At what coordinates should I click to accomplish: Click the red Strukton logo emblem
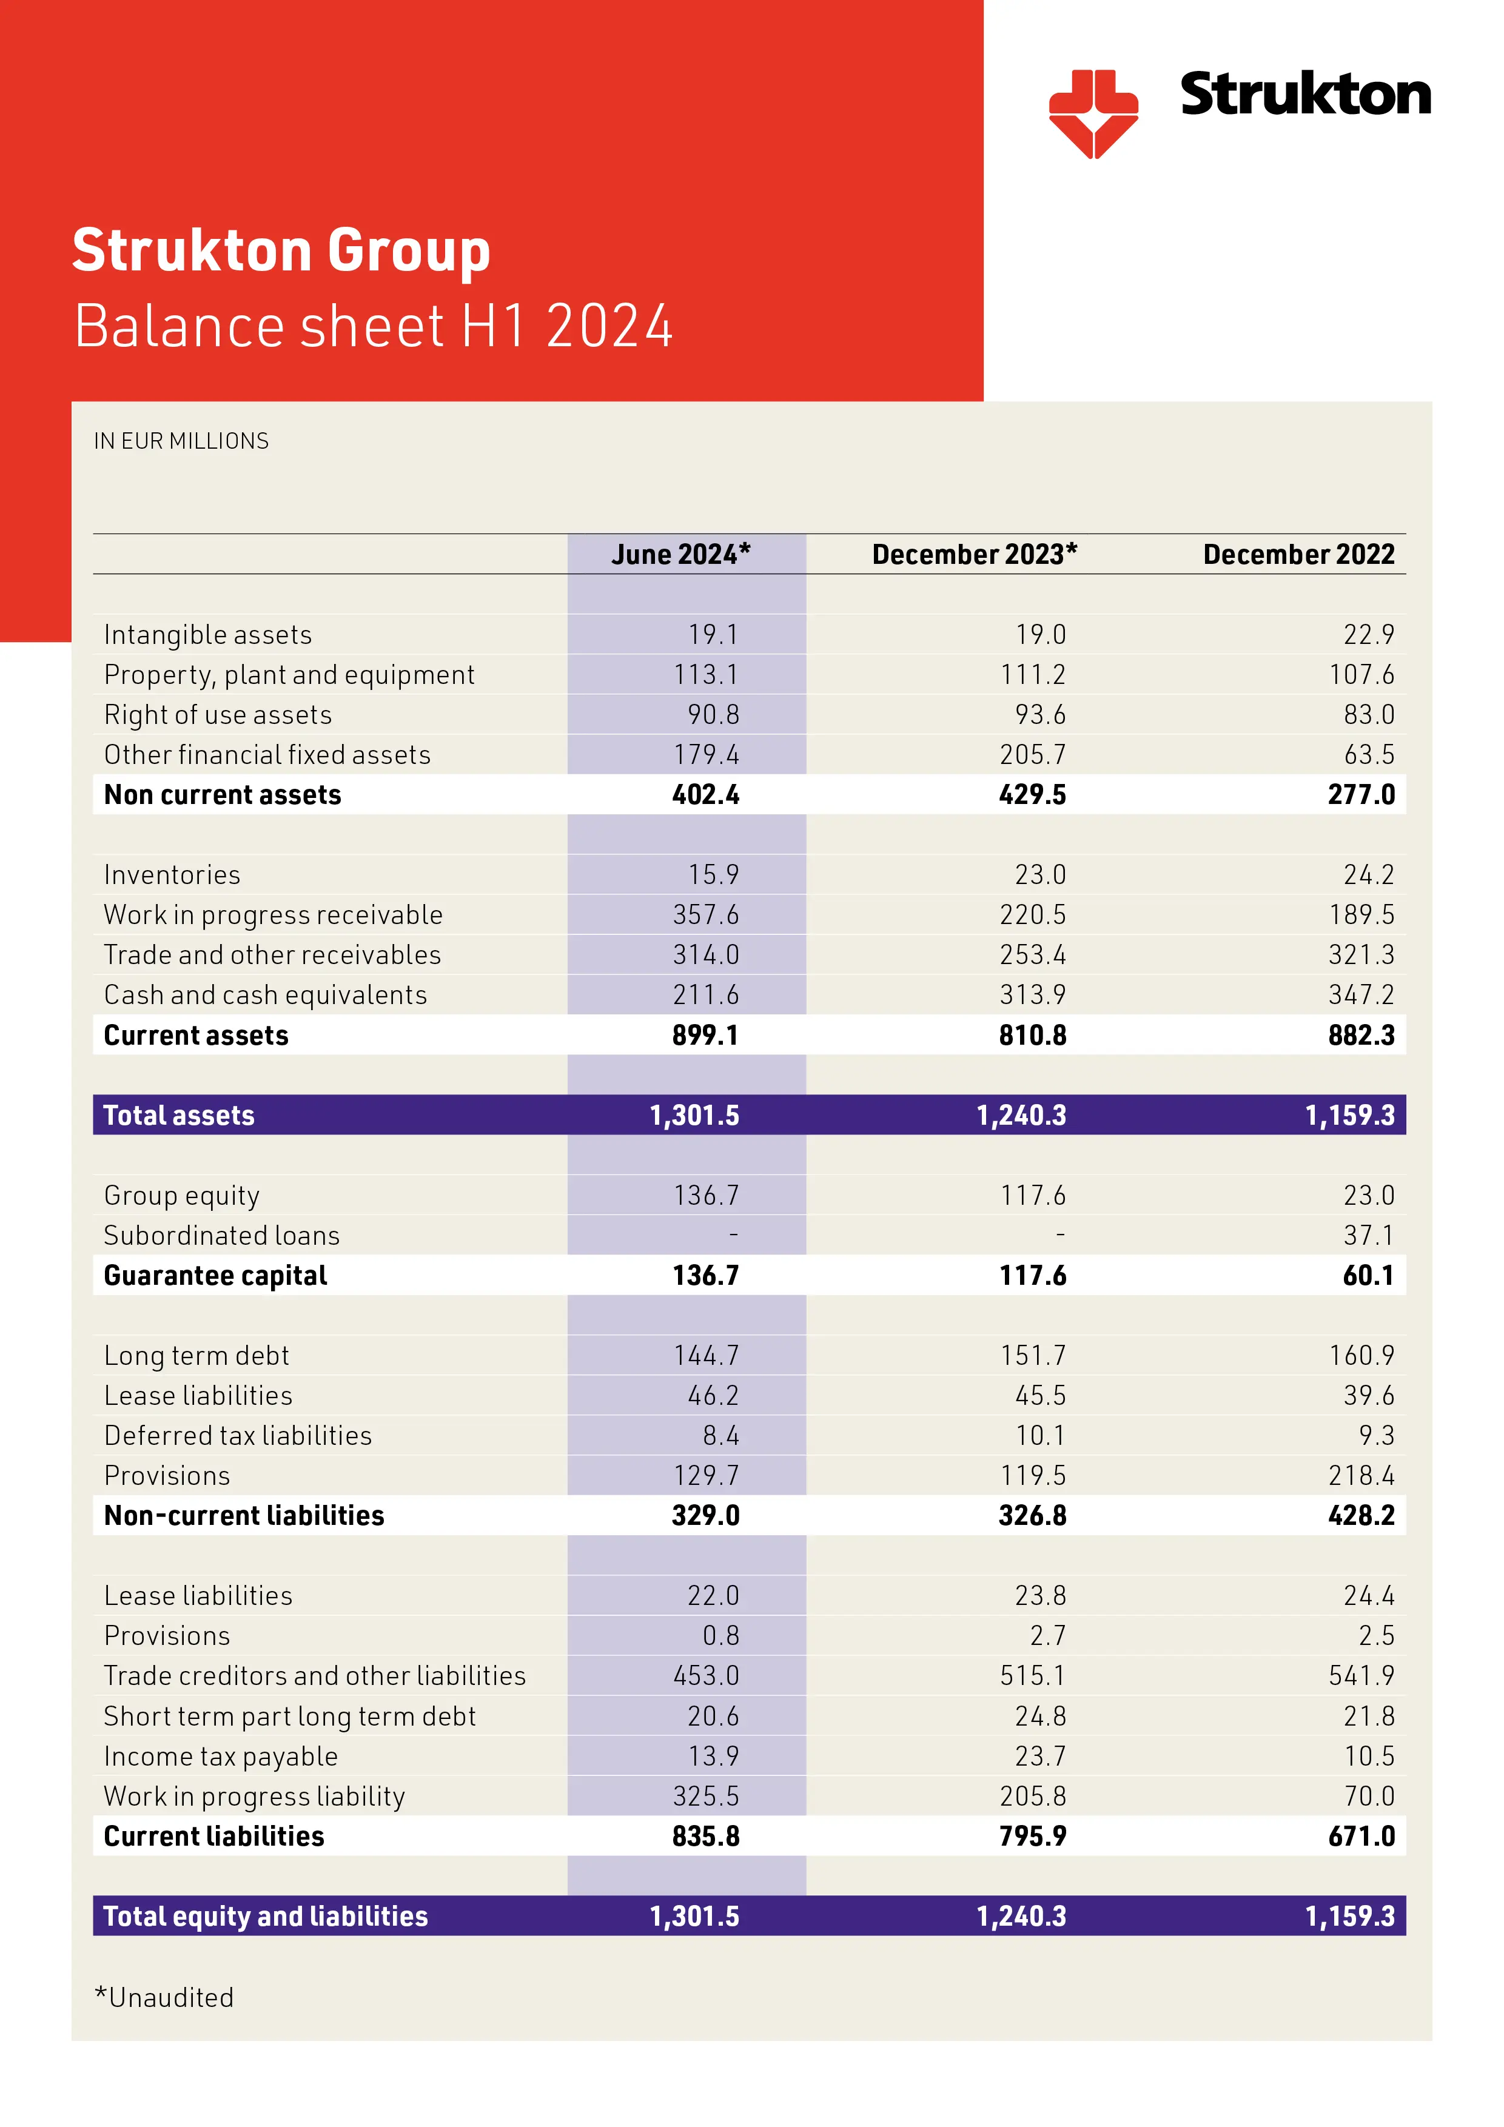point(1093,113)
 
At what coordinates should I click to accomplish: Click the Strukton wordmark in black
point(1304,95)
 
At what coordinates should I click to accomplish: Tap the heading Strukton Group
point(281,250)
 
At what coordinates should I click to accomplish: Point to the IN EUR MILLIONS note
point(181,441)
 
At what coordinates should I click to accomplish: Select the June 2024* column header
point(680,554)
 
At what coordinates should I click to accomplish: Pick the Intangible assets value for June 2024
point(713,635)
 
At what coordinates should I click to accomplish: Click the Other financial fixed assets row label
point(267,755)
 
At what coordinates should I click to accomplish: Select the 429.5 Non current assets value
point(1032,795)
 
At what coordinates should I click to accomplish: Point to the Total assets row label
point(179,1116)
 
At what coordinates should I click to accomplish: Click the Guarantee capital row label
point(215,1276)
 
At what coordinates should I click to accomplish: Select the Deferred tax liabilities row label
point(237,1436)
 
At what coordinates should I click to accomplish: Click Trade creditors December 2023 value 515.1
point(1032,1676)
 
